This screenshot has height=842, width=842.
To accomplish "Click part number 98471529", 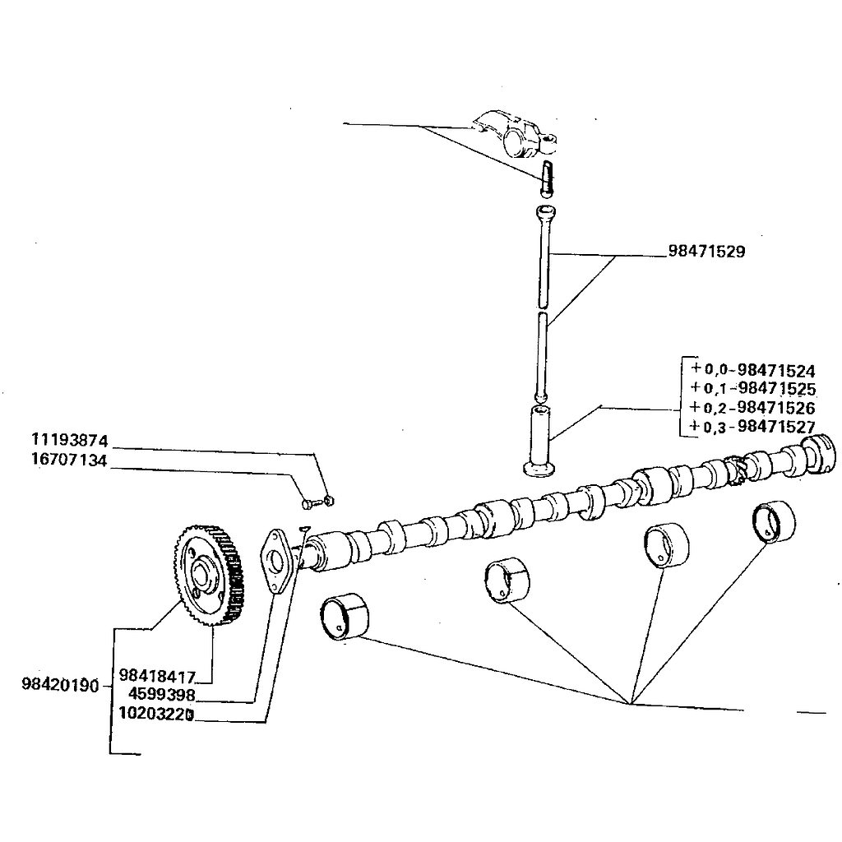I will (707, 252).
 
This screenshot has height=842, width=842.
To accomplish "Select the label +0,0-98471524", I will (752, 369).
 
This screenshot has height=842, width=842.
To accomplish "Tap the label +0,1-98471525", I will (752, 388).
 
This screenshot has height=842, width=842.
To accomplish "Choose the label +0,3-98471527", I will (752, 427).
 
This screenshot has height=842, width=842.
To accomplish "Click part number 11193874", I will (70, 439).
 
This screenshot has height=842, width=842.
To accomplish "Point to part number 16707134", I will (70, 460).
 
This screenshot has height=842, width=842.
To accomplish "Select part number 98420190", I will (61, 684).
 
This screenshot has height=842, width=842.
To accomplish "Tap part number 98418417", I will (157, 677).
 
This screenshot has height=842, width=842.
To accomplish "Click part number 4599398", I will (161, 695).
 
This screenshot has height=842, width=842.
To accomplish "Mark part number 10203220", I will (156, 714).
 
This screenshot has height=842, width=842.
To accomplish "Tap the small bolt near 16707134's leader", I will (309, 501).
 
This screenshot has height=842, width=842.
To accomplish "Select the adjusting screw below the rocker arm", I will (547, 178).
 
